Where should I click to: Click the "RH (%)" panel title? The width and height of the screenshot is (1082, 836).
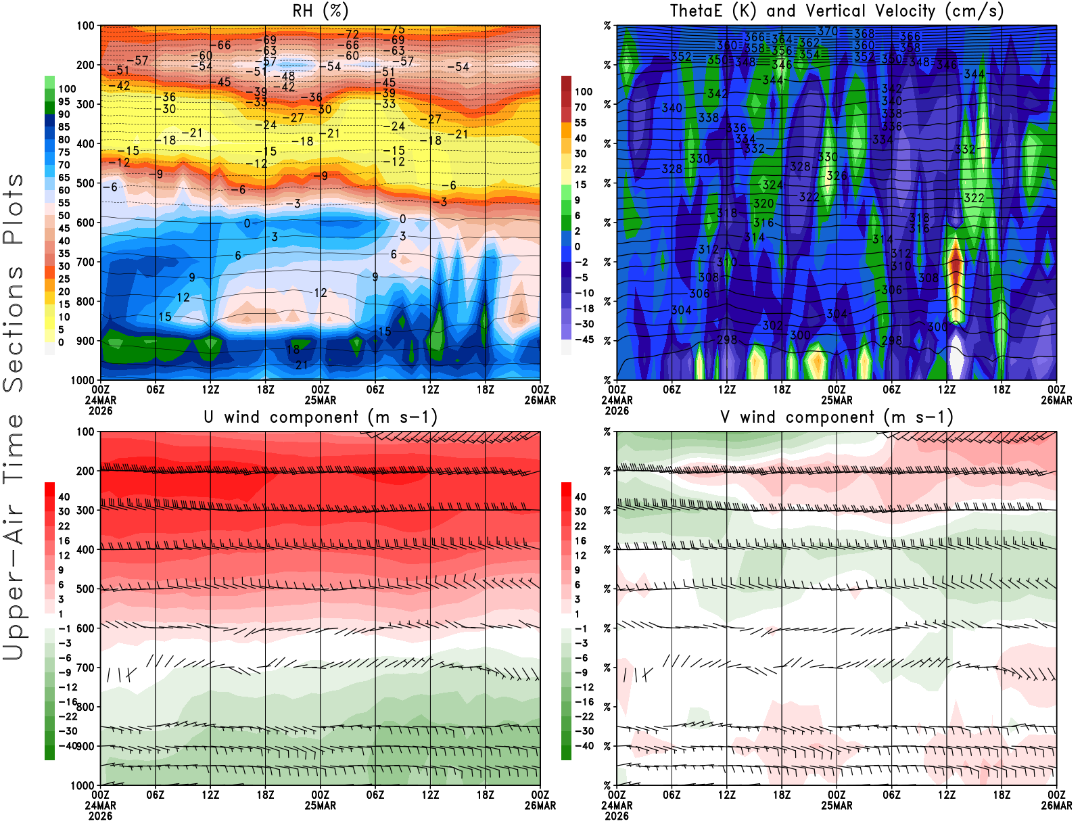click(x=320, y=11)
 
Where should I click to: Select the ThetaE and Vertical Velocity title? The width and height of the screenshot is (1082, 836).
click(x=837, y=11)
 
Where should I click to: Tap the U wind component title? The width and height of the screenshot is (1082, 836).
click(x=320, y=417)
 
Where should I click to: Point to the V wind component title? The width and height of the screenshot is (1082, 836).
click(x=837, y=417)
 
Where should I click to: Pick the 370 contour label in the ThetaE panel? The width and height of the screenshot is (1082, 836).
click(x=827, y=31)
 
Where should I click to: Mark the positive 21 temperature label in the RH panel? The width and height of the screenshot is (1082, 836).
click(x=302, y=365)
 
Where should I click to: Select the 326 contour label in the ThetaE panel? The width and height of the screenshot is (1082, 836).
click(x=837, y=176)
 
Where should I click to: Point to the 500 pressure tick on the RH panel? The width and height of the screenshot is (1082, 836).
click(x=85, y=183)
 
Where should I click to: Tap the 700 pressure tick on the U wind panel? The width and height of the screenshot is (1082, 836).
click(x=85, y=668)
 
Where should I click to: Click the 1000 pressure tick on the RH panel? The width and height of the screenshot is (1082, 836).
click(x=83, y=380)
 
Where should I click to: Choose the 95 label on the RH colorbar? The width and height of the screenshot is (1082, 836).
click(x=64, y=101)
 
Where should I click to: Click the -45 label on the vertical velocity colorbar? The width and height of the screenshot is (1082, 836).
click(x=584, y=340)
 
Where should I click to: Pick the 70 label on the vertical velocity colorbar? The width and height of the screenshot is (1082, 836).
click(x=580, y=107)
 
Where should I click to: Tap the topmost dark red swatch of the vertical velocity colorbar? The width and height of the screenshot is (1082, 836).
click(x=566, y=83)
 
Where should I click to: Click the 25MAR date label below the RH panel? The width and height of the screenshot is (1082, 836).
click(x=320, y=400)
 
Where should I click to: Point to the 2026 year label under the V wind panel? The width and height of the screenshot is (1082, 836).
click(x=616, y=816)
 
